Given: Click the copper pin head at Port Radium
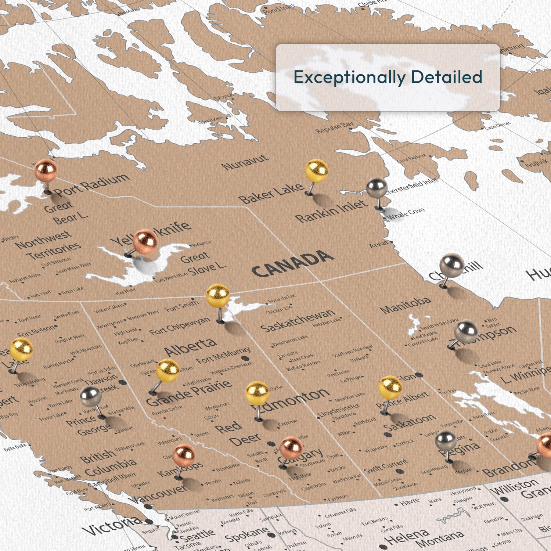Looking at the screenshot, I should coord(46,170).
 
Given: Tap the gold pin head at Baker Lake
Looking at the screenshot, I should coord(316,170).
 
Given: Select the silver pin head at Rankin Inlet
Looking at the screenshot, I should coord(377,188).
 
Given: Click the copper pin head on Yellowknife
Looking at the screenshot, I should coord(145,241).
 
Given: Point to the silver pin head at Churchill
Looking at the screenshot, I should coord(451,265).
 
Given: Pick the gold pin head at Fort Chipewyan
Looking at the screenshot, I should coord(218,296).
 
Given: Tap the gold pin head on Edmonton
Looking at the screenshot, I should coord(257,393).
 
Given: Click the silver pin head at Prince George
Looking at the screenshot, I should coord(90,396).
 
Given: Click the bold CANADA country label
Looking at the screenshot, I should coord(293,264).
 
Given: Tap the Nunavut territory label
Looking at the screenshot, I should coord(245,162).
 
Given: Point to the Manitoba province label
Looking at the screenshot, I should coord(405,305).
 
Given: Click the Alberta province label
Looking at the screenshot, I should coord(190,347).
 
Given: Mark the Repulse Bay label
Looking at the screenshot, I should coord(334,127).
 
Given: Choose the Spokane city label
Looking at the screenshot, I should coord(247,534).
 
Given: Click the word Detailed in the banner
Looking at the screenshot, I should coord(446,77).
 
